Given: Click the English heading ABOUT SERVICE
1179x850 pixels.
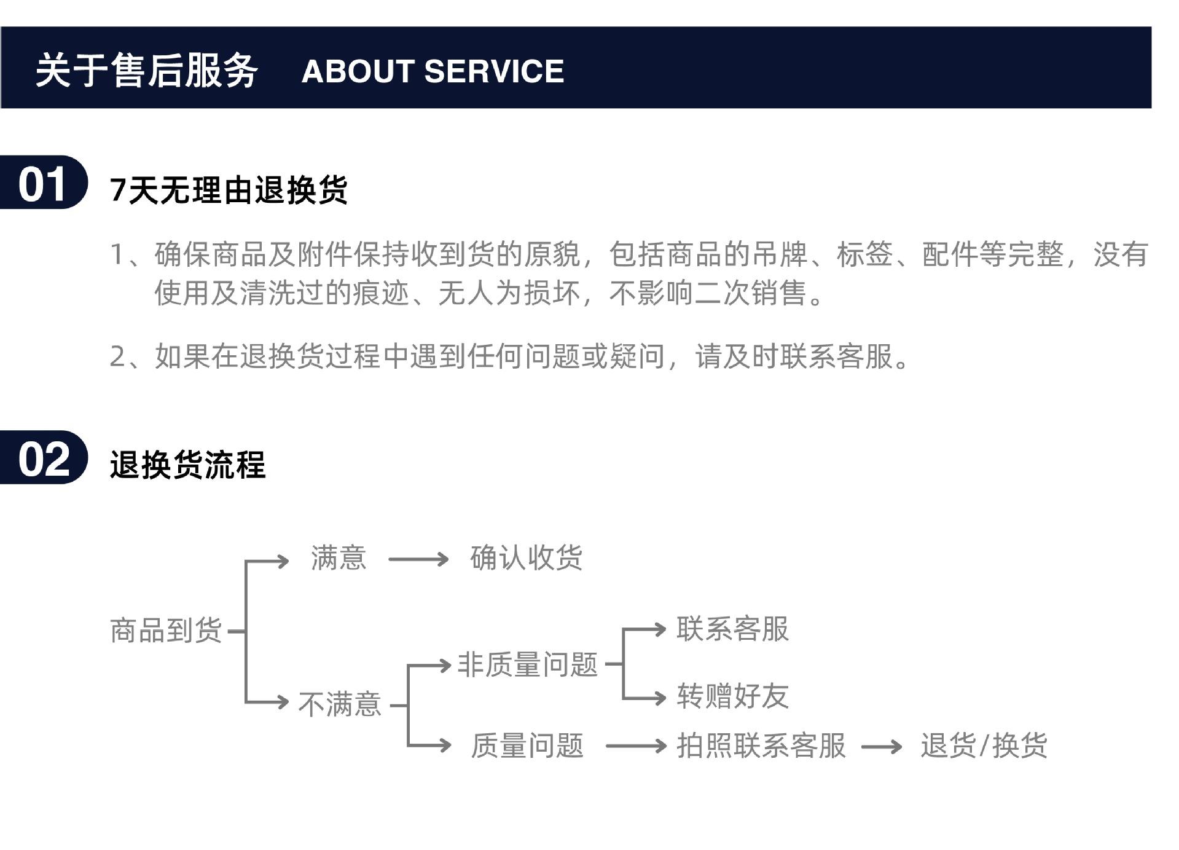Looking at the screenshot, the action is [433, 71].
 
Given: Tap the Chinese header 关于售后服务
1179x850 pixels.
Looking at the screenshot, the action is [146, 71].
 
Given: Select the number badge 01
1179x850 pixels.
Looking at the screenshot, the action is [42, 184].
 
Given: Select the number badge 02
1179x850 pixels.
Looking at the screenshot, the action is [42, 458].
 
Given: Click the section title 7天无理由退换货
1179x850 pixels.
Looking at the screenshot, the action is [229, 189].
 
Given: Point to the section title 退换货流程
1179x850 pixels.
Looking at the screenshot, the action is [187, 464].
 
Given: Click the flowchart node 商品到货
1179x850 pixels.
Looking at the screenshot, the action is [166, 631].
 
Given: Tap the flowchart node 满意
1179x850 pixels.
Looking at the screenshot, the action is [339, 558].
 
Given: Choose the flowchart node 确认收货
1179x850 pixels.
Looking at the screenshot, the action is [526, 558].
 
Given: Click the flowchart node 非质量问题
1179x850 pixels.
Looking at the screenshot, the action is [527, 665].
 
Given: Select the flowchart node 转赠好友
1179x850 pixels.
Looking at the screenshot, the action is [732, 696].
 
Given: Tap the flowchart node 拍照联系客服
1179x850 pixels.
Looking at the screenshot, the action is [761, 746].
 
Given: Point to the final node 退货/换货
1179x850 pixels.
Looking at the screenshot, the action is [984, 746].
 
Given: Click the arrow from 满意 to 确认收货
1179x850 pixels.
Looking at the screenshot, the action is [418, 559].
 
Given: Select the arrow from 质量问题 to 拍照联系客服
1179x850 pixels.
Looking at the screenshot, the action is [635, 746].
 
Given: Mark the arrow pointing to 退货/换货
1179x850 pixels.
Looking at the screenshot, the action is [881, 747].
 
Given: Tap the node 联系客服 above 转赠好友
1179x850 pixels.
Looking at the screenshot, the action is [732, 629].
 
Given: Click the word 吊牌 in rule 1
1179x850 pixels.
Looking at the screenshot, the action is [779, 254].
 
